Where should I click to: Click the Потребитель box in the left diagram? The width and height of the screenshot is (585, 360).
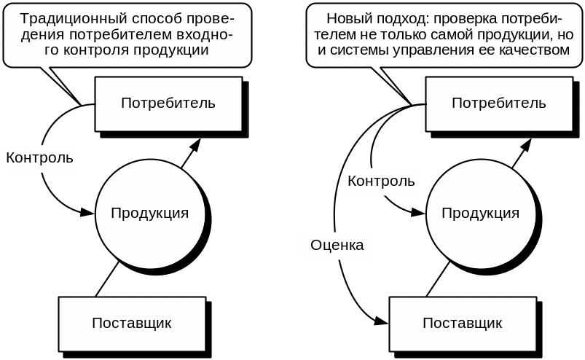(168, 103)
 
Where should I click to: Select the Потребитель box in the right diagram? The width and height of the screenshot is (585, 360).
(498, 103)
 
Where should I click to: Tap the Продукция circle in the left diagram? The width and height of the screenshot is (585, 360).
(149, 213)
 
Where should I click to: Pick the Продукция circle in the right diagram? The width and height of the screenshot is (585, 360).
(480, 213)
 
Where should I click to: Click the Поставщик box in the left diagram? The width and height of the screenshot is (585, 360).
(132, 323)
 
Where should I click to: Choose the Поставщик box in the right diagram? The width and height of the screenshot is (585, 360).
(463, 323)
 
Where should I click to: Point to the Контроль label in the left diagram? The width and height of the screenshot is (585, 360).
(39, 157)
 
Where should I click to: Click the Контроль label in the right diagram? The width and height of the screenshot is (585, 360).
(381, 181)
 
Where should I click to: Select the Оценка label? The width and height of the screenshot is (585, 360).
(337, 246)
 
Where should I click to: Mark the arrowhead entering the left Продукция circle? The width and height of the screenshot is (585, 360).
(88, 213)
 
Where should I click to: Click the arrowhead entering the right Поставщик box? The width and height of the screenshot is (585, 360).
(382, 321)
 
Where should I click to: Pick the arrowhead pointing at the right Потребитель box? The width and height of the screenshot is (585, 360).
(524, 146)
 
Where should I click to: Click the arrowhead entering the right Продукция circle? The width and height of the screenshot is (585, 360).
(418, 213)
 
